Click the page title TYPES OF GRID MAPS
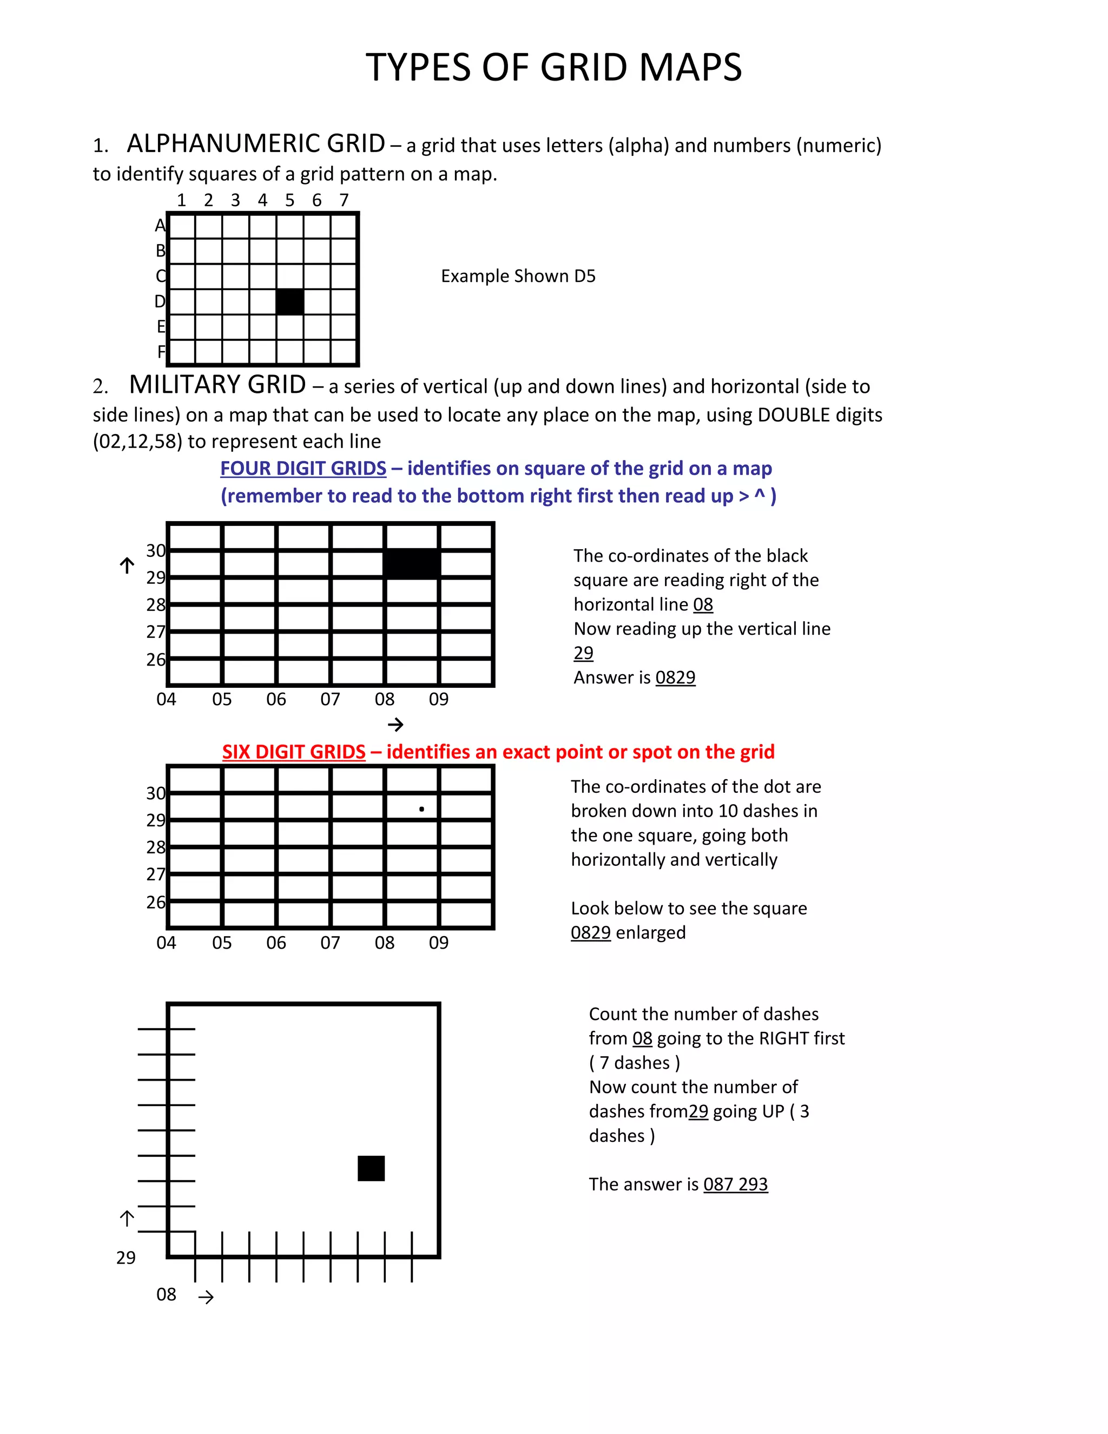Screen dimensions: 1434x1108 tap(553, 68)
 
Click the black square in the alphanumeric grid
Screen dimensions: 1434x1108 tap(289, 301)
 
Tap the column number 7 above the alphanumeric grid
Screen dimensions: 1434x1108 tap(344, 200)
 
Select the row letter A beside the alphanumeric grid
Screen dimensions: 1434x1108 tap(160, 226)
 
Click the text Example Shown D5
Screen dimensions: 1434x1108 tap(518, 276)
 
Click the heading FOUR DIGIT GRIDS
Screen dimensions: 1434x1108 tap(304, 468)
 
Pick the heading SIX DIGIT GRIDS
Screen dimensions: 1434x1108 tap(293, 752)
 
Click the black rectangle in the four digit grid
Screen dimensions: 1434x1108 tap(412, 564)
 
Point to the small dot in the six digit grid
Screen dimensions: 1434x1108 tap(421, 809)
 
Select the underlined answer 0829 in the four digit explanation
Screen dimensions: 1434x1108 tap(675, 677)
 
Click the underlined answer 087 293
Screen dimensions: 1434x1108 tap(735, 1184)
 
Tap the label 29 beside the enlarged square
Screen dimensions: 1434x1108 tap(126, 1258)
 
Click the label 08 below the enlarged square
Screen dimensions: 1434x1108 tap(166, 1294)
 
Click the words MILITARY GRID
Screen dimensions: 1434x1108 tap(217, 385)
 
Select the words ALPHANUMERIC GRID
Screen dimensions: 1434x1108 tap(256, 144)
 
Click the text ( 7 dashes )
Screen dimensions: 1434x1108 tap(634, 1062)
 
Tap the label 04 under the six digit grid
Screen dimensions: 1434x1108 tap(166, 943)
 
